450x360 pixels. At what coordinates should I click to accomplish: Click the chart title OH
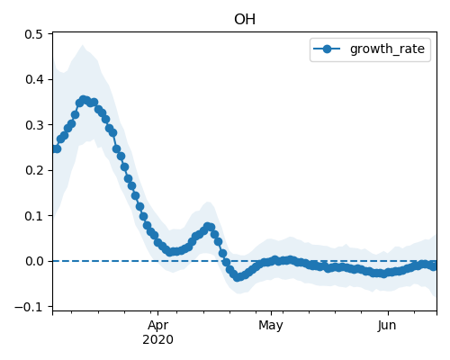[x=245, y=20]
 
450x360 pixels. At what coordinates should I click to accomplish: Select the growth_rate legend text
[x=387, y=49]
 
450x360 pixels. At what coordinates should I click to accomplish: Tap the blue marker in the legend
[x=327, y=49]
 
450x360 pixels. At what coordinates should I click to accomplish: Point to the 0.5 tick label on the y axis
[x=33, y=34]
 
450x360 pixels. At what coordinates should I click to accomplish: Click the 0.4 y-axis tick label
[x=33, y=80]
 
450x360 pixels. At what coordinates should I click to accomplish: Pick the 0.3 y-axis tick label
[x=33, y=125]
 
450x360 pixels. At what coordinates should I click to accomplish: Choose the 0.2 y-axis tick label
[x=33, y=170]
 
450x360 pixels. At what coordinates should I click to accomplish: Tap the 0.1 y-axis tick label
[x=33, y=216]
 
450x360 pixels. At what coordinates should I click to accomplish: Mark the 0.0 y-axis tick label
[x=33, y=261]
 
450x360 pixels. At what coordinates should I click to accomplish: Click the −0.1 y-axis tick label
[x=29, y=307]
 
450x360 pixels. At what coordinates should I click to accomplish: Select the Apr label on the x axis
[x=157, y=326]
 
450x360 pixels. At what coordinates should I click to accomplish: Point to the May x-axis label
[x=271, y=326]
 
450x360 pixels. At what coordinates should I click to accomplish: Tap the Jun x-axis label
[x=387, y=326]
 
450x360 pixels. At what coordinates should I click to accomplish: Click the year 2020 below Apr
[x=157, y=340]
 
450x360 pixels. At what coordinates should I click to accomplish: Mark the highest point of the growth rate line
[x=84, y=100]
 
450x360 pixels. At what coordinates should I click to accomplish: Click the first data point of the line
[x=54, y=148]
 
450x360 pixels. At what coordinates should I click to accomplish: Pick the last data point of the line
[x=433, y=266]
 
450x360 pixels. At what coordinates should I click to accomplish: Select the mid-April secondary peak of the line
[x=208, y=227]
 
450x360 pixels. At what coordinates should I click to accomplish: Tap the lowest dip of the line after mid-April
[x=238, y=277]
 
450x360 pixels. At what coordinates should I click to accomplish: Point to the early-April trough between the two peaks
[x=170, y=252]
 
